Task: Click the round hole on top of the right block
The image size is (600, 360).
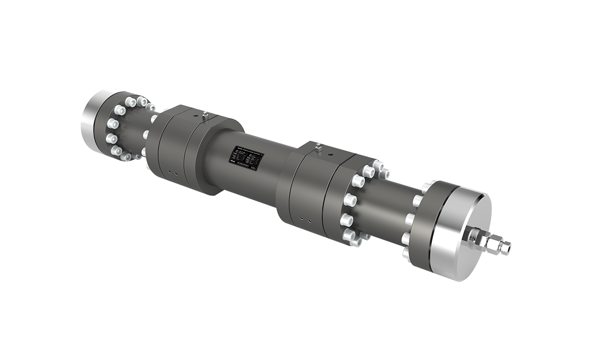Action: (x=331, y=155)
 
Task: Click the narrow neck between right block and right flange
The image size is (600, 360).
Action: (x=384, y=206)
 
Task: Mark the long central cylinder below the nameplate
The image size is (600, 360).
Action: (x=250, y=180)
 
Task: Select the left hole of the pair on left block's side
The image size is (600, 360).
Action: (x=169, y=173)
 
